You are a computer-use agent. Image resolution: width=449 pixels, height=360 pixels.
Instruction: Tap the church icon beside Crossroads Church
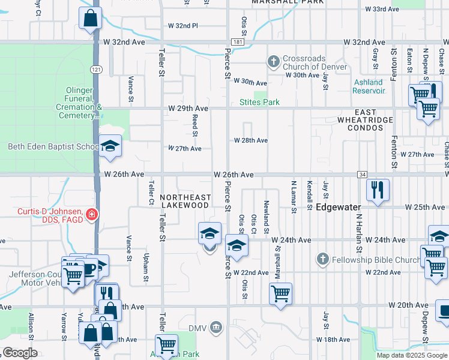tap(274, 61)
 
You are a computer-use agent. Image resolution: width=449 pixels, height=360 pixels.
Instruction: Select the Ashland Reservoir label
tap(368, 86)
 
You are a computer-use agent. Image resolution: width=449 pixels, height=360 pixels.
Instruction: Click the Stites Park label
tap(260, 102)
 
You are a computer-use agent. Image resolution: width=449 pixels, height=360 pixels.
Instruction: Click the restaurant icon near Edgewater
tap(378, 190)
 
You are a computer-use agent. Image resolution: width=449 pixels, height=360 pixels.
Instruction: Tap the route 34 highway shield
tap(361, 175)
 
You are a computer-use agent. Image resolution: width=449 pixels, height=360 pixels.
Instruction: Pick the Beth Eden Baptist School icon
tap(110, 146)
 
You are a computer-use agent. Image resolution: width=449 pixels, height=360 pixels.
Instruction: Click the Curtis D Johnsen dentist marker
tap(91, 214)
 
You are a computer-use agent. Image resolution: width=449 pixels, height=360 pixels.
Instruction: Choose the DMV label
tap(197, 328)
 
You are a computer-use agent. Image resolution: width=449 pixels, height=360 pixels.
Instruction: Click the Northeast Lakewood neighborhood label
tap(185, 201)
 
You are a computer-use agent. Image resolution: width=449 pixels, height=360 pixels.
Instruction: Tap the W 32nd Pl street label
tap(182, 26)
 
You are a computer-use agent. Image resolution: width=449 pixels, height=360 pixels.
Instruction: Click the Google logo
tap(20, 353)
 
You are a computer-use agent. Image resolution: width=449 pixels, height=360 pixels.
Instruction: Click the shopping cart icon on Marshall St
tap(280, 294)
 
